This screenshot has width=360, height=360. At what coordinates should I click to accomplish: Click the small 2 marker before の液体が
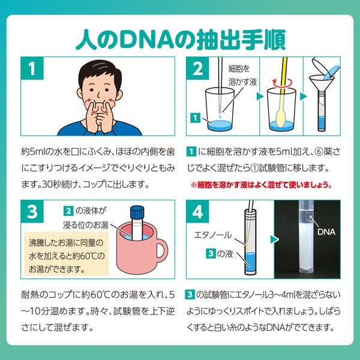point(70,210)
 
